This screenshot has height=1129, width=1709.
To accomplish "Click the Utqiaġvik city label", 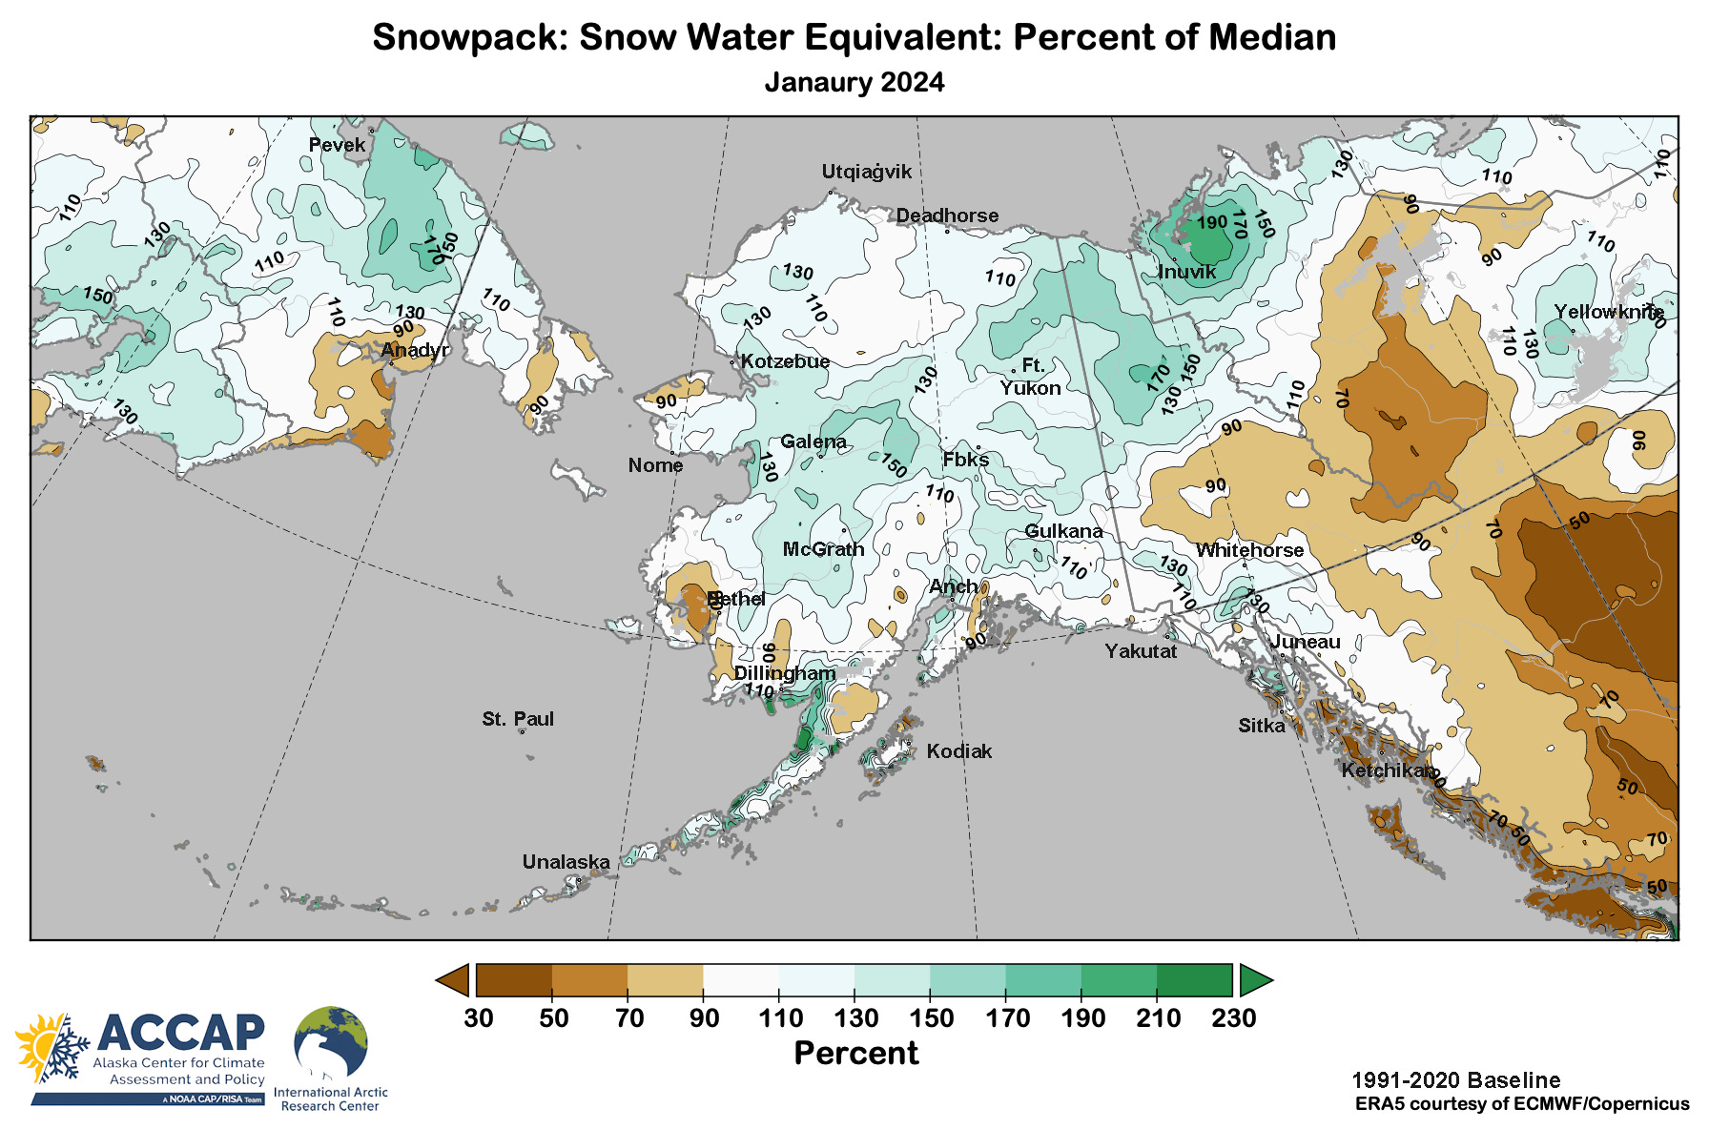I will [866, 172].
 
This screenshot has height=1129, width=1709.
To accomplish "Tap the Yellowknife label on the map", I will [1609, 312].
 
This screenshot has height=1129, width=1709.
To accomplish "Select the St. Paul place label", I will [518, 719].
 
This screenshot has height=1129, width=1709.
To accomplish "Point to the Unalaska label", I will [566, 862].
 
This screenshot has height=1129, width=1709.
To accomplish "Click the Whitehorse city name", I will [1249, 550].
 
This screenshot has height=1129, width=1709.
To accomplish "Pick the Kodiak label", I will [959, 751].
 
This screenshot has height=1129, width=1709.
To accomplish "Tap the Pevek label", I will [337, 145].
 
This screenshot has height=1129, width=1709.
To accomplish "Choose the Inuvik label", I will [1186, 272].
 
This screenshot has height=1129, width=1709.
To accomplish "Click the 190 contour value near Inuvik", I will [1212, 222].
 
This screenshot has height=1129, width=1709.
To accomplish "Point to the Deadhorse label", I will [947, 216].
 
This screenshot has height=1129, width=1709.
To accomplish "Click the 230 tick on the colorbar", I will [1233, 1018].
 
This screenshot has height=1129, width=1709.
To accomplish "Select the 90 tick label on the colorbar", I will [705, 1018].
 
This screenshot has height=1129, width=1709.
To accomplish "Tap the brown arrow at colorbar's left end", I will [453, 980].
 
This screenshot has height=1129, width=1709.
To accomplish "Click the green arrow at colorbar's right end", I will [1255, 980].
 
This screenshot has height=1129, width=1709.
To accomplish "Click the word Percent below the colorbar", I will [855, 1054].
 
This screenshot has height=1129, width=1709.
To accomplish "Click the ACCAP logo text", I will [179, 1032].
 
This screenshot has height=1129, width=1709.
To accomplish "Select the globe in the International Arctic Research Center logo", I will [330, 1044].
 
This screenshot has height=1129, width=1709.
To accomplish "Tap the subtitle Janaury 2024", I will [854, 82].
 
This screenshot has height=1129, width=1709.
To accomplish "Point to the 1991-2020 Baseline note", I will [1455, 1080].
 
